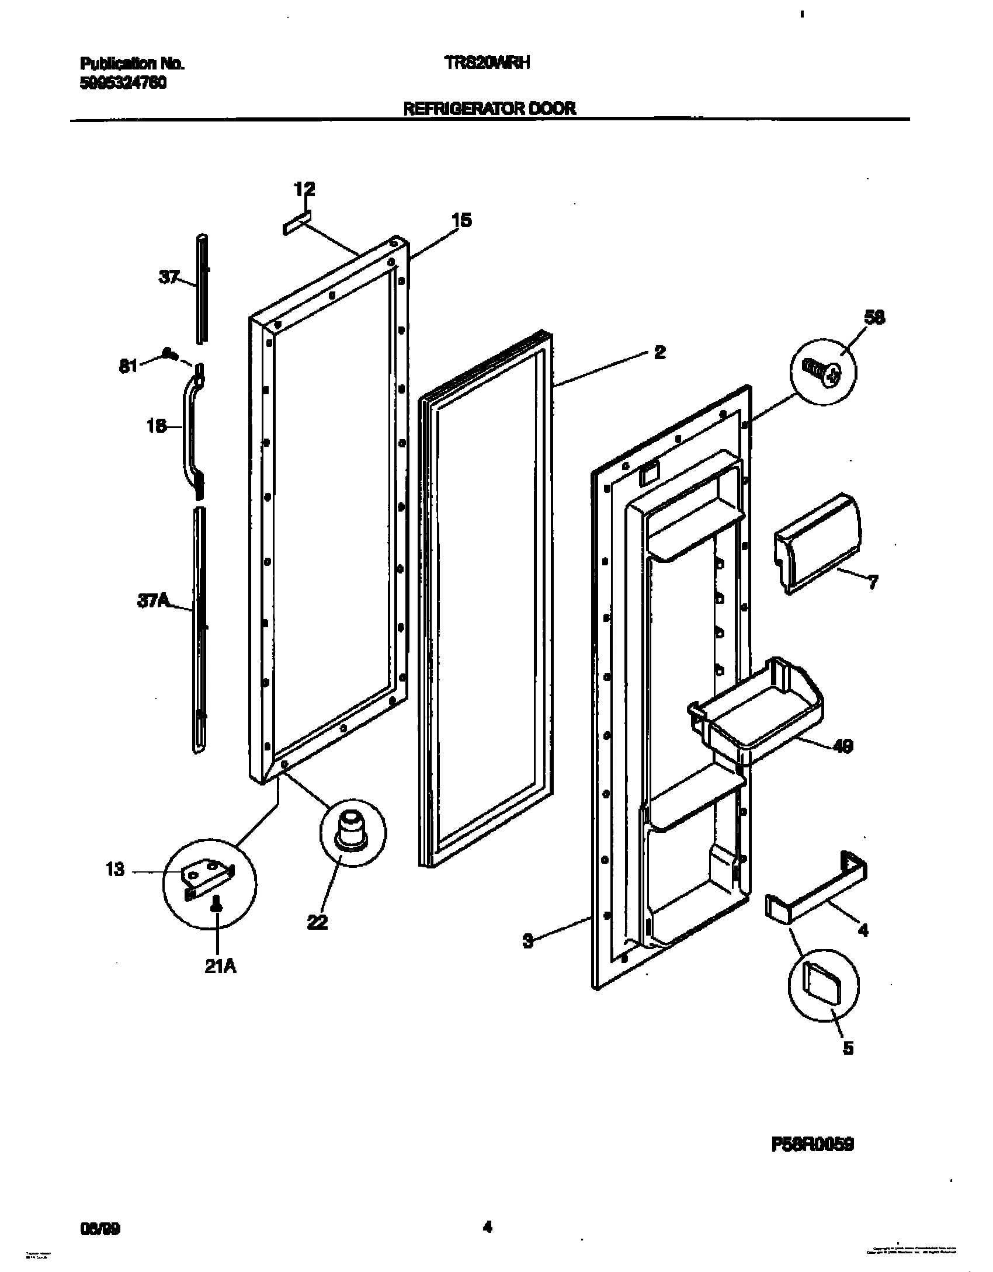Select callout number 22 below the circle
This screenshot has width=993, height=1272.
318,922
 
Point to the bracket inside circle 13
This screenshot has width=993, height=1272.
207,877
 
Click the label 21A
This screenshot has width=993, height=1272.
221,967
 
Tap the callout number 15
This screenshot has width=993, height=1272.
461,221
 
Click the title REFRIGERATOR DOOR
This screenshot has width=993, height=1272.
489,108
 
